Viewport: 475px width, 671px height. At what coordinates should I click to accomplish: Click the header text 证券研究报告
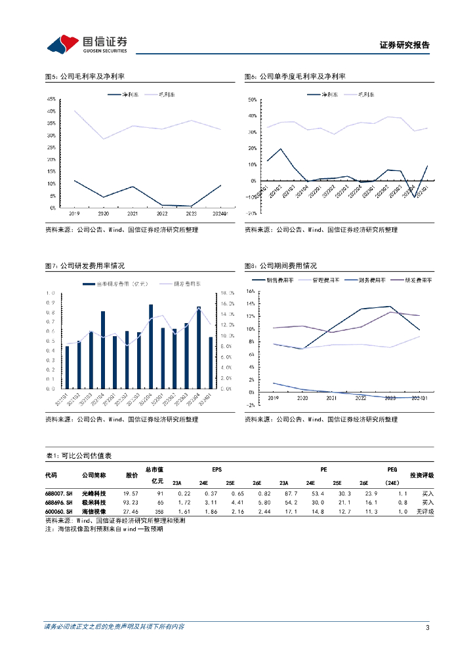pyautogui.click(x=405, y=46)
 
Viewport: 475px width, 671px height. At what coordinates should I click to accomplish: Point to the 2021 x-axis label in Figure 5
pyautogui.click(x=133, y=214)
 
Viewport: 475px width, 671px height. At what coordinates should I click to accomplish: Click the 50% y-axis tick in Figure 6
pyautogui.click(x=251, y=100)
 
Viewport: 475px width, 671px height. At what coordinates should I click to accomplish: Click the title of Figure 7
pyautogui.click(x=85, y=266)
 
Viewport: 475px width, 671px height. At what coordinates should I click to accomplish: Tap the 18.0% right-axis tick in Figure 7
pyautogui.click(x=226, y=293)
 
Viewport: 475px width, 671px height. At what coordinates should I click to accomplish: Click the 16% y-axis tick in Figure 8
pyautogui.click(x=250, y=291)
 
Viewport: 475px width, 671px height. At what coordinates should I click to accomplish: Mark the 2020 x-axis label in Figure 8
pyautogui.click(x=302, y=398)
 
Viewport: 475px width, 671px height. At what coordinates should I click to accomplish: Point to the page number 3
pyautogui.click(x=427, y=628)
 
